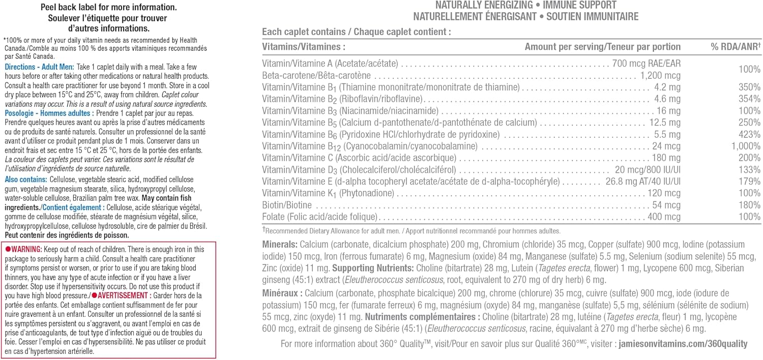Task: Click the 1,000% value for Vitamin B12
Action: click(746, 146)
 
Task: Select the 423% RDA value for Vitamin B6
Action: click(750, 135)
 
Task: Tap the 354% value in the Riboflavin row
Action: click(750, 99)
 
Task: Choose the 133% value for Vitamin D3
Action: click(750, 170)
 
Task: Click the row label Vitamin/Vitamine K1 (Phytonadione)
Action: click(328, 193)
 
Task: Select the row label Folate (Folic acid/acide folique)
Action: click(319, 217)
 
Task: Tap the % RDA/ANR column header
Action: click(736, 47)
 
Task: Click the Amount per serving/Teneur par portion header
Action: click(602, 47)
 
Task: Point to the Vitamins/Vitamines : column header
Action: click(304, 47)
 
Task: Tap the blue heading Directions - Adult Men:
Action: click(39, 67)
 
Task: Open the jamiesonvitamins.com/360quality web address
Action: click(683, 344)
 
